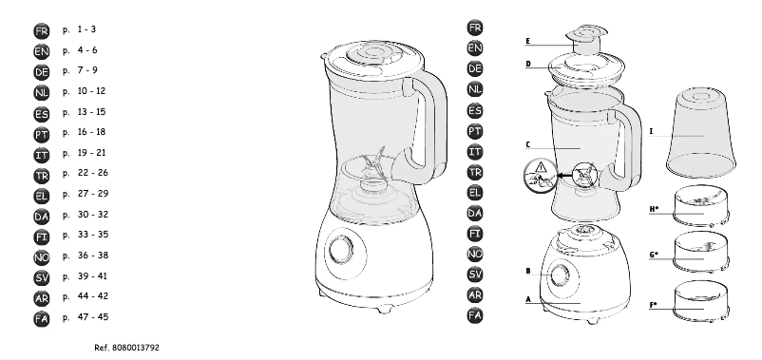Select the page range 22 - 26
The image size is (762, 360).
93,173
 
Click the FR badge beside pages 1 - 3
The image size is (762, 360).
42,32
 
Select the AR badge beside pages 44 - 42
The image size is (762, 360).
42,296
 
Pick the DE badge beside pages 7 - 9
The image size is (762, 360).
42,72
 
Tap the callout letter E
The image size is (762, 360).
528,42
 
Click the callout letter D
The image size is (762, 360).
528,65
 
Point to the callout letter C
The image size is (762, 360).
527,145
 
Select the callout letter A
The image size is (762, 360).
527,298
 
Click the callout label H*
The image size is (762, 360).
655,209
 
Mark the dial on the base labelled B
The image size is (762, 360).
559,275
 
